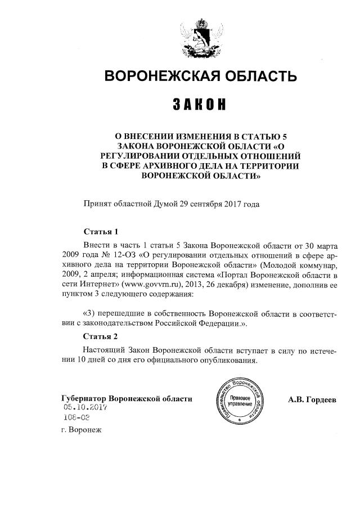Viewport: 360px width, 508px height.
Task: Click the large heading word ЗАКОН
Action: (200, 105)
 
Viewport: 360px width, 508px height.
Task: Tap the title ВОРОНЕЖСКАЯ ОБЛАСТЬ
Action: (200, 75)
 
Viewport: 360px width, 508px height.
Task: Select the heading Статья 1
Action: (101, 232)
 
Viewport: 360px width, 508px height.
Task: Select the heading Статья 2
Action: (101, 337)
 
